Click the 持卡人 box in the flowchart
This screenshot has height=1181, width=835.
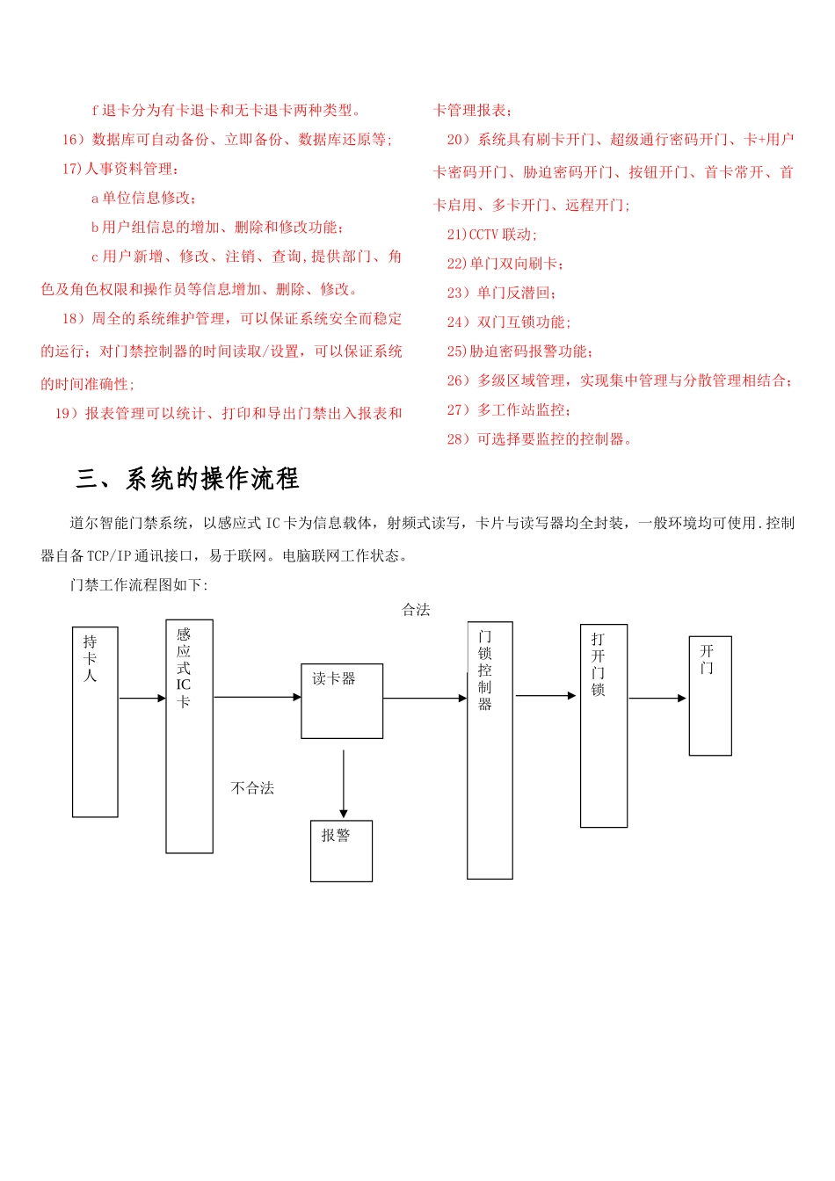[x=95, y=721]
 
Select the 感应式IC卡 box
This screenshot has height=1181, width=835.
[x=189, y=735]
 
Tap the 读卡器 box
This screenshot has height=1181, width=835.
[x=342, y=700]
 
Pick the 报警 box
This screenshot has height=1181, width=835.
[x=341, y=851]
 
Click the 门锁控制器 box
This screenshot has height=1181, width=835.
[x=490, y=750]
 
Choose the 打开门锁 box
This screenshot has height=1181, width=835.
[x=603, y=725]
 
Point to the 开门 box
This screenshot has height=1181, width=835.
[x=709, y=695]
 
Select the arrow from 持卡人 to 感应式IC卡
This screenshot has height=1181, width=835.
[x=142, y=699]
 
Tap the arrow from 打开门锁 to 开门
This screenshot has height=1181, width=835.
[x=657, y=699]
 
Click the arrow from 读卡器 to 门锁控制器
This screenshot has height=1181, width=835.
[x=425, y=699]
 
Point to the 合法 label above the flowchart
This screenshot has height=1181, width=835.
[x=416, y=610]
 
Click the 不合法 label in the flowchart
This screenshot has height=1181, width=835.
[x=252, y=788]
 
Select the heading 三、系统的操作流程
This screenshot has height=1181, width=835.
[x=187, y=479]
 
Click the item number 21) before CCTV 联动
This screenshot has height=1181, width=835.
[x=457, y=235]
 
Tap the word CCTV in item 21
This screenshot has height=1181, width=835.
[x=483, y=235]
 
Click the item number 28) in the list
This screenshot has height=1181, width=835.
[x=459, y=439]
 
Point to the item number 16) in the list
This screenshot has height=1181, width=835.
[x=73, y=140]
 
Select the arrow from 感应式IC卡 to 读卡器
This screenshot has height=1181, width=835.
[x=257, y=697]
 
